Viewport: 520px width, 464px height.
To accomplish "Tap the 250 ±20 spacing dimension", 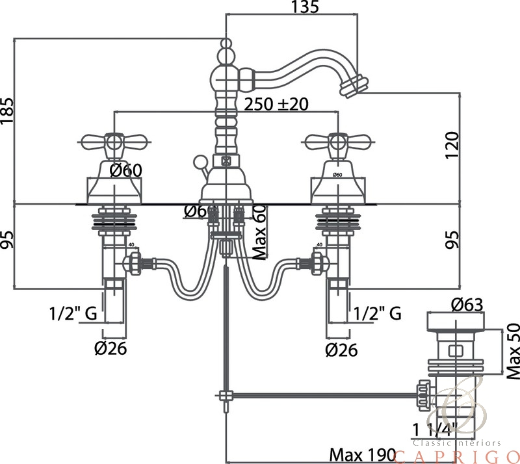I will coord(276,104).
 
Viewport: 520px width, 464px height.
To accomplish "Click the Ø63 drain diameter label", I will coord(467,304).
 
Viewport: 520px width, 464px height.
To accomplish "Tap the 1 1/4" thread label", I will coord(434,429).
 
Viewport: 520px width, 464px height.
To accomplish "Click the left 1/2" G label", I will coord(73,314).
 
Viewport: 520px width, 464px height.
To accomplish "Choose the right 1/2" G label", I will coord(377,314).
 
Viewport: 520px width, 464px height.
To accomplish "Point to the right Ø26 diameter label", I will coord(341,350).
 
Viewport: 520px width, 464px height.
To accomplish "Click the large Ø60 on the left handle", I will coord(125,171).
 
